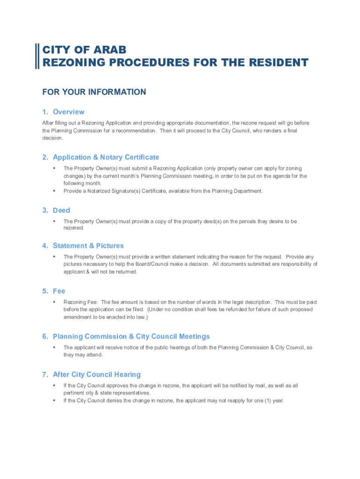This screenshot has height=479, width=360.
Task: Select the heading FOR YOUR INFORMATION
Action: pos(94,92)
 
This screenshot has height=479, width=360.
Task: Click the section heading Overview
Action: pos(68,112)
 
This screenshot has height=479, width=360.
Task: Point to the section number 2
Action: pos(45,157)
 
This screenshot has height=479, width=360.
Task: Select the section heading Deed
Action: pos(61,210)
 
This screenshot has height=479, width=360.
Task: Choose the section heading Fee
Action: pos(59,291)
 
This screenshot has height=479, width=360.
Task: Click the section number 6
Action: pos(45,336)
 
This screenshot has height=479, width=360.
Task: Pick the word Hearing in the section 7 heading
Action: pos(125,374)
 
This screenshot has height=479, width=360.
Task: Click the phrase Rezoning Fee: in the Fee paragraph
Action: pos(80,302)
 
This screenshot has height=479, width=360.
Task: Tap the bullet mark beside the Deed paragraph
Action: pos(54,221)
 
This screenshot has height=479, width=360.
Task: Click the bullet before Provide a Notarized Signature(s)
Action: pos(54,191)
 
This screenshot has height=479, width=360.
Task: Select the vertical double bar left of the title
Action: pos(37,57)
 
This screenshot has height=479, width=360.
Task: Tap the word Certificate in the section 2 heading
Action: pos(144,157)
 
